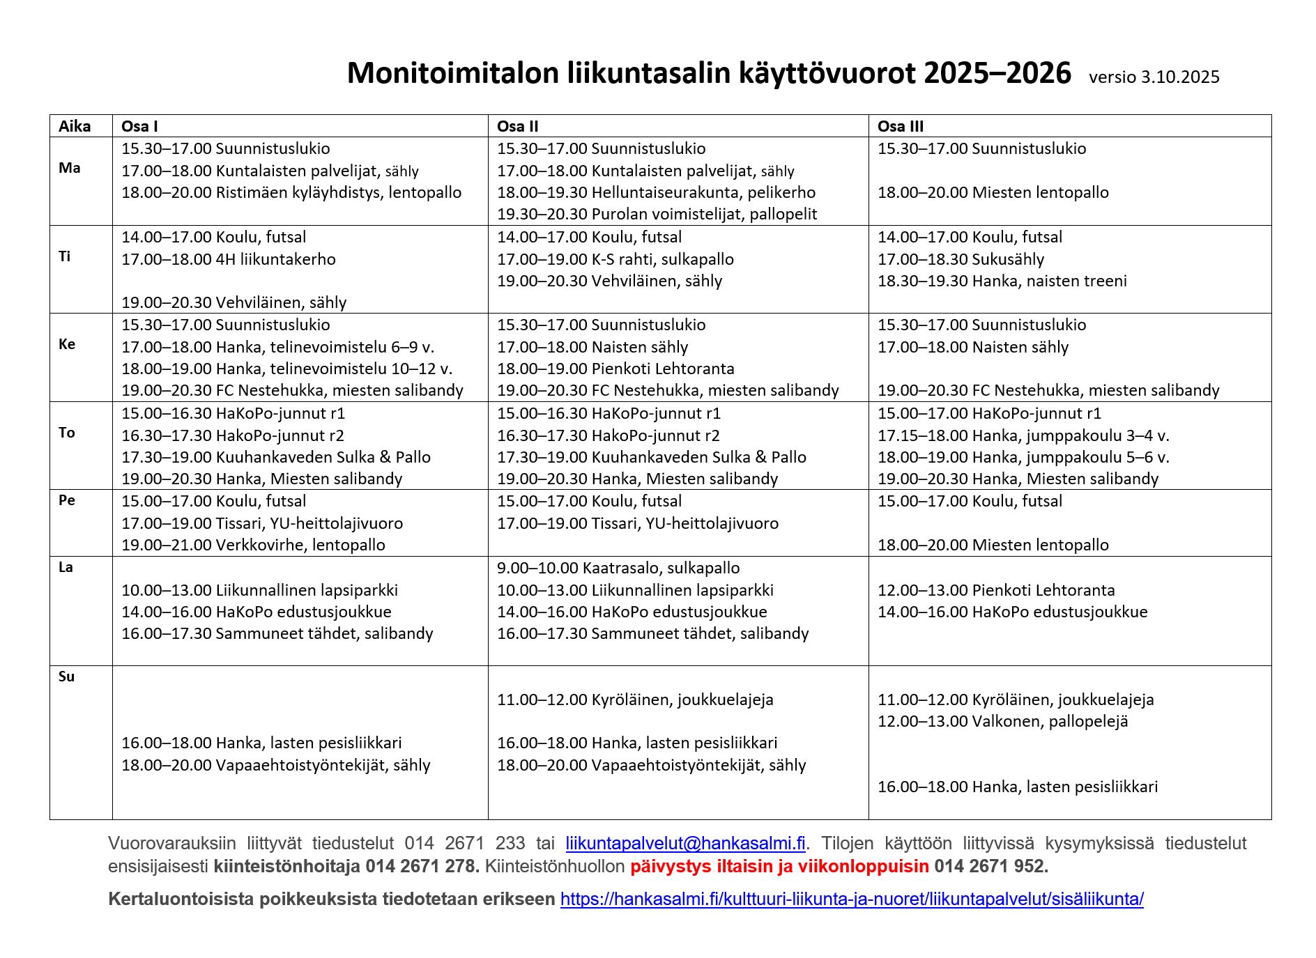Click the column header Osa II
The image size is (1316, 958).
517,126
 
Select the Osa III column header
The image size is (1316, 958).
900,126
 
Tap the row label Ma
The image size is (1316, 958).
70,168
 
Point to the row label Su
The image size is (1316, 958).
66,677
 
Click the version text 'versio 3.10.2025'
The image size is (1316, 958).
1154,77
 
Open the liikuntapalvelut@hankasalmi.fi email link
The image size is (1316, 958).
685,843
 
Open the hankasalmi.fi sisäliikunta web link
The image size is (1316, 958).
852,899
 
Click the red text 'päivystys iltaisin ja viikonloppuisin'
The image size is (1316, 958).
779,866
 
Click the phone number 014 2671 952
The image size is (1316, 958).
990,866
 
